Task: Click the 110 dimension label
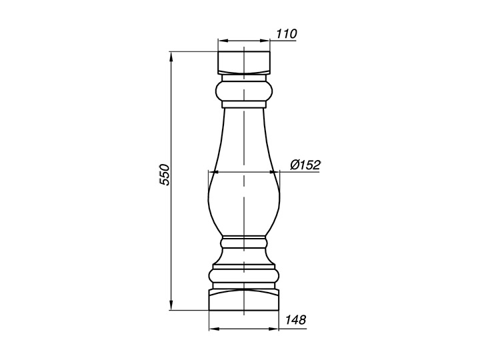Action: pos(287,34)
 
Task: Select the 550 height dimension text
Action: pos(165,175)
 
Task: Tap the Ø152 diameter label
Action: pos(305,165)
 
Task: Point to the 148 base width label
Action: pos(295,320)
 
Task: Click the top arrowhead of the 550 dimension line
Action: pos(171,57)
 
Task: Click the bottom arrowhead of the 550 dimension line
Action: pos(171,305)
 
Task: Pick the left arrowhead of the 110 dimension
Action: pos(223,41)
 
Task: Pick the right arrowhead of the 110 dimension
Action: pos(265,41)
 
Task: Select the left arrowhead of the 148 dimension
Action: pos(213,329)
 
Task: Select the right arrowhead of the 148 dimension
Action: pos(274,329)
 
